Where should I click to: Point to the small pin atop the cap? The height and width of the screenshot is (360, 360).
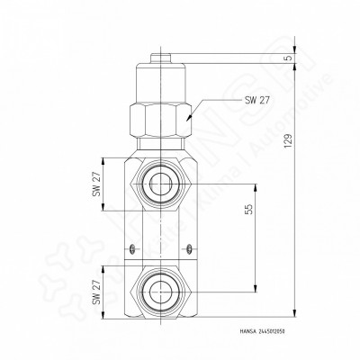(161, 57)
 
